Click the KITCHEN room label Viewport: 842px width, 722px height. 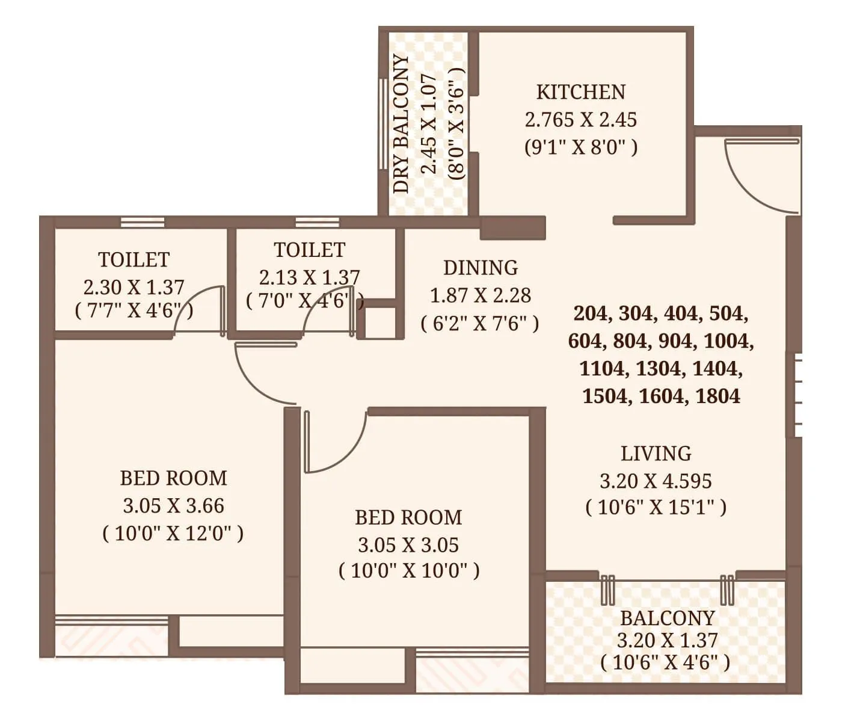tap(580, 92)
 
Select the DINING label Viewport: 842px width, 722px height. tap(480, 268)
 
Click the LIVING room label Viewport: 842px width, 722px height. tap(656, 454)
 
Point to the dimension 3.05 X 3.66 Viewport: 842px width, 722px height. tap(173, 506)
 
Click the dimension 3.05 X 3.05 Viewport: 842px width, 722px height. tap(408, 545)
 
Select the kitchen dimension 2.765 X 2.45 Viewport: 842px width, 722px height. tap(580, 120)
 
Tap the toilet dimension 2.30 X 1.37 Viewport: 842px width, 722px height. tap(134, 287)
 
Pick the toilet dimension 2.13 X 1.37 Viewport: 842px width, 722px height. tap(309, 277)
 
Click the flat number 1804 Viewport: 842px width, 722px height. tap(718, 396)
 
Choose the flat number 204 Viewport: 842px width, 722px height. tap(594, 313)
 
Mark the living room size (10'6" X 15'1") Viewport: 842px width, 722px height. tap(656, 508)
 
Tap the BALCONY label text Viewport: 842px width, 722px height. tap(667, 619)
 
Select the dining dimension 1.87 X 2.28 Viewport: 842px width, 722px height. tap(480, 296)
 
